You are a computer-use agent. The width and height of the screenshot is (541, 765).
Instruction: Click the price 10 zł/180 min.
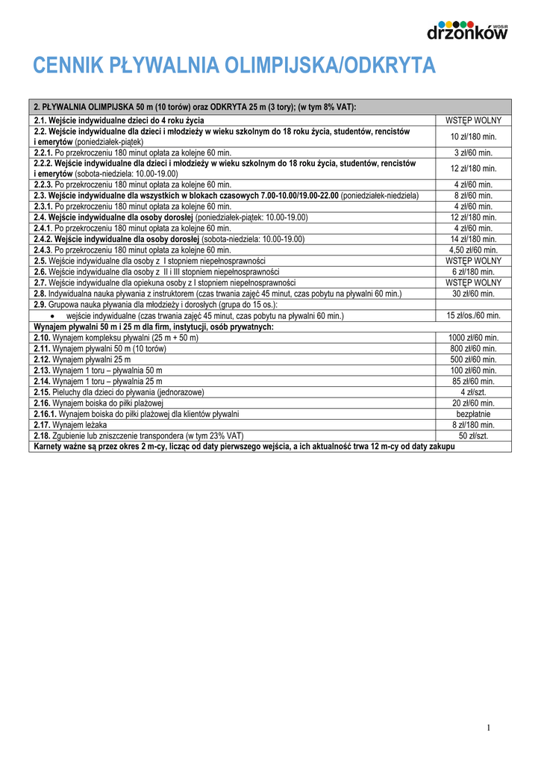[473, 136]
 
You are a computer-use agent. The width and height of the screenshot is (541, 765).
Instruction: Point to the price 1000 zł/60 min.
[473, 338]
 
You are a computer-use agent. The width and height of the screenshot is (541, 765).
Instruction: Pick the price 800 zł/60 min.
[473, 348]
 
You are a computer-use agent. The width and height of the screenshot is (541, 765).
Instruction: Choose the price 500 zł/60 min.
[473, 359]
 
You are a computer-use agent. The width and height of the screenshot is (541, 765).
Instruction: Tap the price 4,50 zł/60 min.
[473, 250]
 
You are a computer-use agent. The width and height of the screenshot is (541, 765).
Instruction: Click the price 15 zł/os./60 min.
[473, 316]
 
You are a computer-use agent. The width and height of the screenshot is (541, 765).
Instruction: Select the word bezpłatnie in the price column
[473, 414]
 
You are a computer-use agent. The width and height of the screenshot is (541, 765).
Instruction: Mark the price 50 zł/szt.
[473, 436]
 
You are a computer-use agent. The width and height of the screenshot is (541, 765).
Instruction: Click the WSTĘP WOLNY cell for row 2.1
[473, 120]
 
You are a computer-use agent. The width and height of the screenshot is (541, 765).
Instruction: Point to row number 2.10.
[42, 338]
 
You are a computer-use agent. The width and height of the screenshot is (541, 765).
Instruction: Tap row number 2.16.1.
[45, 414]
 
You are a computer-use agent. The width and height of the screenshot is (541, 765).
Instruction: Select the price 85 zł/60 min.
[473, 381]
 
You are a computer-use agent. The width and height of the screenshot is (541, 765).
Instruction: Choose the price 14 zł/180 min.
[473, 239]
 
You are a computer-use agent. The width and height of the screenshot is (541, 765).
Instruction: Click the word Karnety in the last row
[51, 447]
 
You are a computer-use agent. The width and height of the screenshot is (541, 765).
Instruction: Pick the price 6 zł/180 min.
[473, 272]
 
